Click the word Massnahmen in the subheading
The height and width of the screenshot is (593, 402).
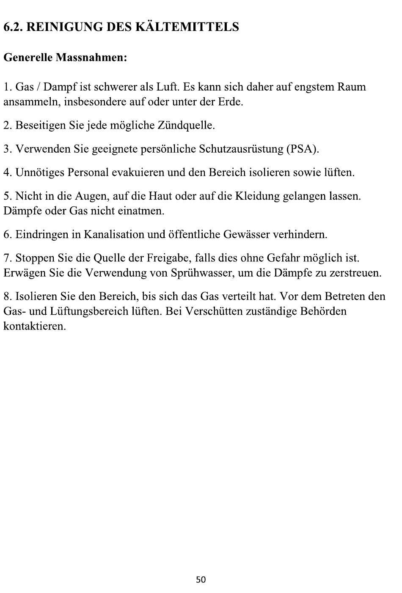tap(90, 57)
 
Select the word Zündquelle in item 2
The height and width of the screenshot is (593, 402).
tap(186, 126)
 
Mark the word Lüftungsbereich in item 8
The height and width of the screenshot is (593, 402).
tap(90, 312)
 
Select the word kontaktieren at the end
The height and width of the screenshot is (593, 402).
tap(34, 327)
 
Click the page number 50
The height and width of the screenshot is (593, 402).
tap(201, 579)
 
